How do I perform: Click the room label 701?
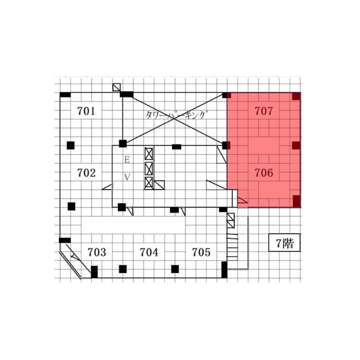(x=86, y=111)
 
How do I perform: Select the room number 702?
(x=86, y=173)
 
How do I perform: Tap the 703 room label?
(x=97, y=252)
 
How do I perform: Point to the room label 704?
(x=149, y=252)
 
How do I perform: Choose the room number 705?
(x=201, y=252)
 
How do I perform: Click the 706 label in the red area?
(x=264, y=173)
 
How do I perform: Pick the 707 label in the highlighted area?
(x=264, y=111)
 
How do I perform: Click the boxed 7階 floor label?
(x=284, y=243)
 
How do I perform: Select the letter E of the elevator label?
(x=127, y=159)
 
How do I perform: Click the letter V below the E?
(x=127, y=177)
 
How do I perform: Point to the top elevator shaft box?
(x=149, y=154)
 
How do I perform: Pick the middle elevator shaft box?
(x=149, y=168)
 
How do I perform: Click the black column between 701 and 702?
(x=71, y=145)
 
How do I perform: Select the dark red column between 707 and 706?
(x=296, y=145)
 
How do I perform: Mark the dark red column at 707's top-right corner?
(x=296, y=96)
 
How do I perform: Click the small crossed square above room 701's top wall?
(x=116, y=87)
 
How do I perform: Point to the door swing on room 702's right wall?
(x=107, y=186)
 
